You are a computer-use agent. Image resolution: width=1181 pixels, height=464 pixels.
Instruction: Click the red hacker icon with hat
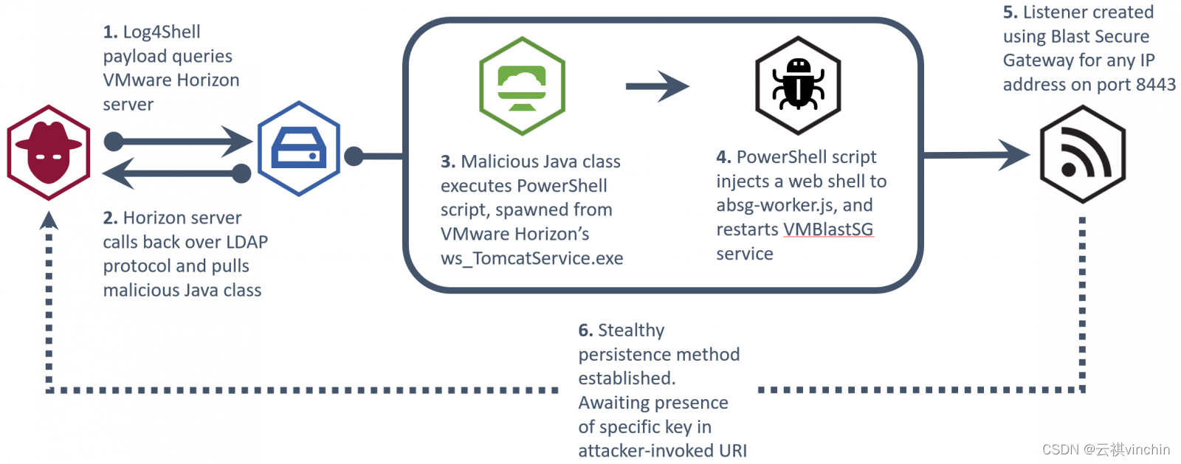click(49, 153)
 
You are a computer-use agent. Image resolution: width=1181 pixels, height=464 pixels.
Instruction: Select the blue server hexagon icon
click(299, 148)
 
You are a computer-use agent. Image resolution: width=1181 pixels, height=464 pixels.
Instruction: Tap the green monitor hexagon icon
click(522, 86)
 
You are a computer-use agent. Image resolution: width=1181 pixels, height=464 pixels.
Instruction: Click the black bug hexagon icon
click(798, 86)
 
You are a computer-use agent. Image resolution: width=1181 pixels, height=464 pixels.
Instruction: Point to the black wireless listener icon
click(1082, 153)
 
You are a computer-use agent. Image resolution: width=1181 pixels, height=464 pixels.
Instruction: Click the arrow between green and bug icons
click(657, 86)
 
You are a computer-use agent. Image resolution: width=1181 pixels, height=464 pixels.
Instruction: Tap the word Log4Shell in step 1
click(162, 32)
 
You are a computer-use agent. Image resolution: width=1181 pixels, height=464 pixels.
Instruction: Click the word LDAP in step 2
click(247, 242)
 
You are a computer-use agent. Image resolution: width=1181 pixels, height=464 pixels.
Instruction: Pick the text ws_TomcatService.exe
click(531, 259)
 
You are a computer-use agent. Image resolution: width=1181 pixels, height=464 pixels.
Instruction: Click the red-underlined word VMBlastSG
click(827, 229)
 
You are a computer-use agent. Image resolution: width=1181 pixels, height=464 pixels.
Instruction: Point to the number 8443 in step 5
click(1155, 85)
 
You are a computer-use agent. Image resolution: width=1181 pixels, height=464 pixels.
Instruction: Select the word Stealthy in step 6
click(631, 330)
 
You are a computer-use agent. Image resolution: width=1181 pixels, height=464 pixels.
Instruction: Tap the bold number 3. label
click(447, 162)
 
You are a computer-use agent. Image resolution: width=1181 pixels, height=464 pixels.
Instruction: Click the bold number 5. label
click(1010, 13)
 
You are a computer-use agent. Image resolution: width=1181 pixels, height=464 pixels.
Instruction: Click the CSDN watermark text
click(1106, 449)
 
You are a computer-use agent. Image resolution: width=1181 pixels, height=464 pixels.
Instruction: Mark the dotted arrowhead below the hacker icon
click(49, 220)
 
